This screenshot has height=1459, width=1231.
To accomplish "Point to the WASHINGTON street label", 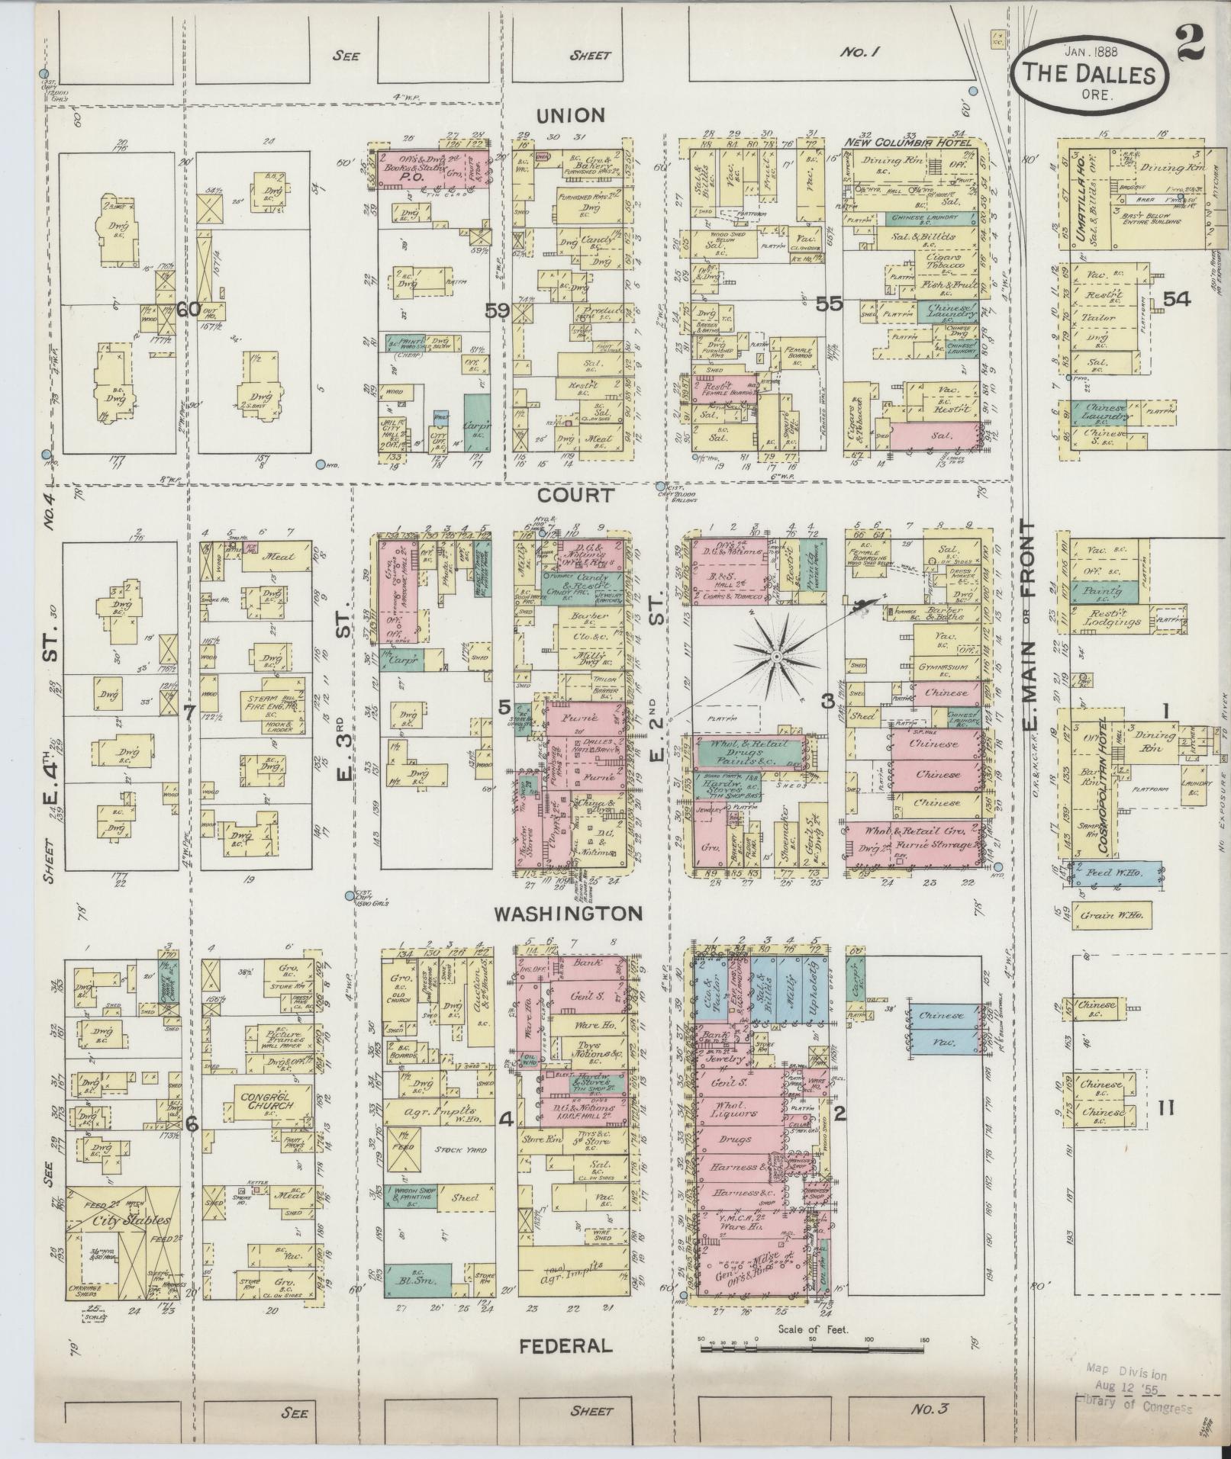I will pyautogui.click(x=569, y=913).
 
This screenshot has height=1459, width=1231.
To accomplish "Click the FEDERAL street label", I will pyautogui.click(x=566, y=1345).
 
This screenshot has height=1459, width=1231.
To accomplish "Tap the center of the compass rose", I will pyautogui.click(x=776, y=657).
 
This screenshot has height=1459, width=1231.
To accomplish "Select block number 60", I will pyautogui.click(x=189, y=310).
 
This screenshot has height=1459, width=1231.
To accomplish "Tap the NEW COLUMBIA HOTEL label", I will pyautogui.click(x=908, y=143).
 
